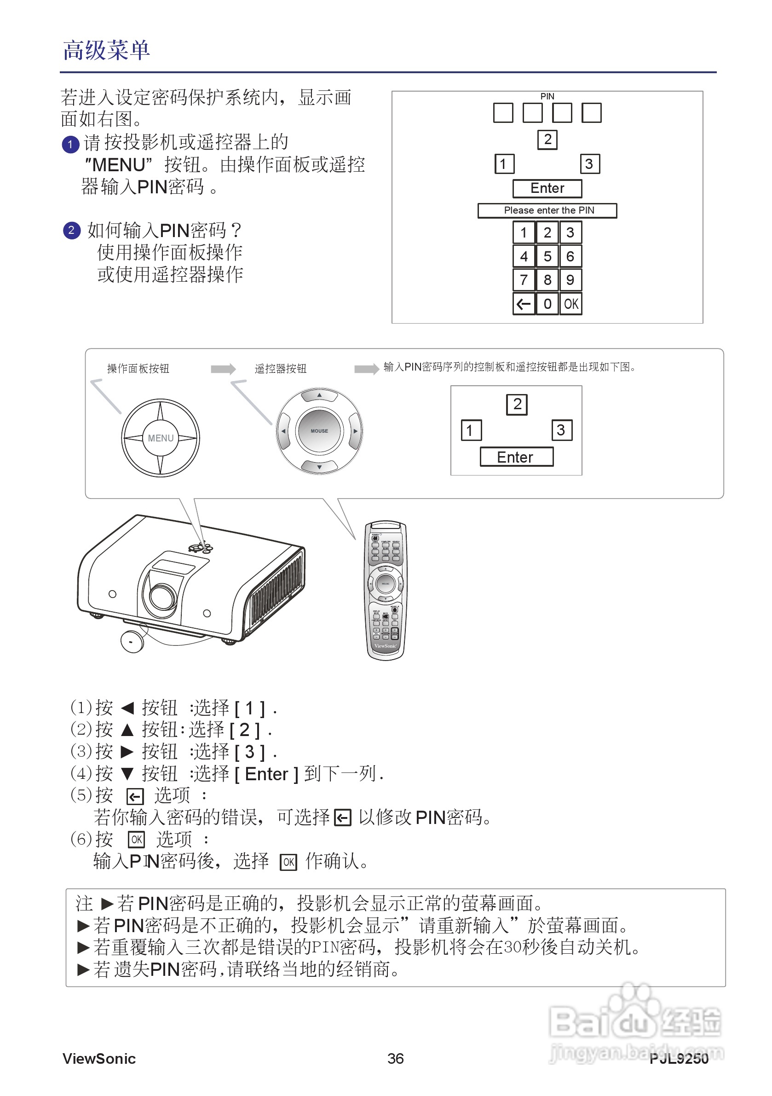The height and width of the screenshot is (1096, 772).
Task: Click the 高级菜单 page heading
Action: pyautogui.click(x=106, y=50)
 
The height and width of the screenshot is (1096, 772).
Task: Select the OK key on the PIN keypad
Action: pyautogui.click(x=570, y=304)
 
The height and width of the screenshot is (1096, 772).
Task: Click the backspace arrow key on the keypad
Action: pyautogui.click(x=524, y=304)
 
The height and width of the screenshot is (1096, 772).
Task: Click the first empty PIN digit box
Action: pyautogui.click(x=503, y=113)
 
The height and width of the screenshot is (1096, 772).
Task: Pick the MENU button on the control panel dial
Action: pyautogui.click(x=160, y=438)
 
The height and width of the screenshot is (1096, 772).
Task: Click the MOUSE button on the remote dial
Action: pyautogui.click(x=319, y=430)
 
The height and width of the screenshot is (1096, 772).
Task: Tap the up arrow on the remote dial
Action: pyautogui.click(x=319, y=395)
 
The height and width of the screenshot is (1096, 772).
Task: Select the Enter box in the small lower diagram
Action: pyautogui.click(x=516, y=457)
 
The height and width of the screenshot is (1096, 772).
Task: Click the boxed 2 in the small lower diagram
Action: pyautogui.click(x=516, y=404)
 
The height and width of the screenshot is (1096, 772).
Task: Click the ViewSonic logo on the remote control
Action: pyautogui.click(x=385, y=646)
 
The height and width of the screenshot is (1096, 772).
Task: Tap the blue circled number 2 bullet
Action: pyautogui.click(x=72, y=231)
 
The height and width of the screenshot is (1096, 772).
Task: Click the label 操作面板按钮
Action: pyautogui.click(x=138, y=369)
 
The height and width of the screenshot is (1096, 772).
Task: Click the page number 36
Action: pyautogui.click(x=395, y=1058)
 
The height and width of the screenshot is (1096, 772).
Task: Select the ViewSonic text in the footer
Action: pyautogui.click(x=99, y=1058)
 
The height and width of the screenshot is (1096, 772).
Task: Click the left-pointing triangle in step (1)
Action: pyautogui.click(x=127, y=708)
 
